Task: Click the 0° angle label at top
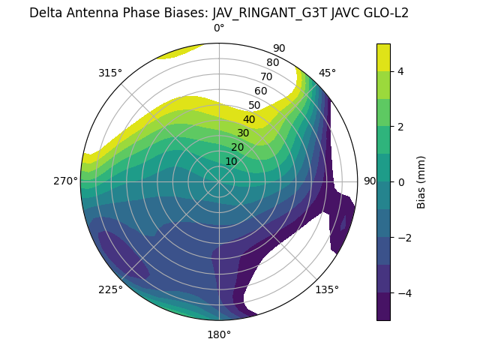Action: [219, 28]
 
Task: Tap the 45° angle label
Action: [327, 73]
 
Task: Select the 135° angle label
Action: [327, 289]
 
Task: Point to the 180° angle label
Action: [219, 334]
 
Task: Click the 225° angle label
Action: [110, 289]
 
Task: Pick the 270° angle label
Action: [66, 181]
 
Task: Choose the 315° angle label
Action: [110, 73]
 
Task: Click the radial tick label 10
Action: [231, 161]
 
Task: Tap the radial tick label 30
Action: [243, 133]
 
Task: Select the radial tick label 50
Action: [255, 105]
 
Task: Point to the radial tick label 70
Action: [266, 76]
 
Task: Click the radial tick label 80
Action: [272, 63]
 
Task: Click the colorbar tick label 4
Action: [400, 71]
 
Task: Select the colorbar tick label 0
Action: [400, 181]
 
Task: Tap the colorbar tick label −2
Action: [403, 237]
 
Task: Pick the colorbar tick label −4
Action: [403, 292]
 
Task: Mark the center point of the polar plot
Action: [219, 181]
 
